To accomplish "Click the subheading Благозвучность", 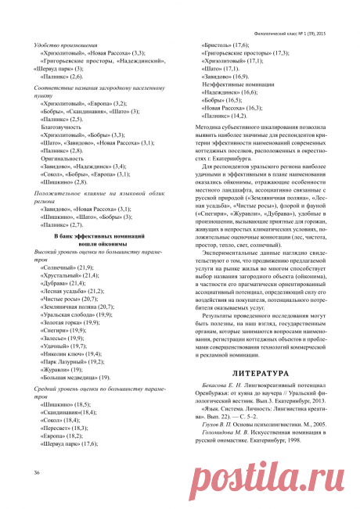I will point(64,125).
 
